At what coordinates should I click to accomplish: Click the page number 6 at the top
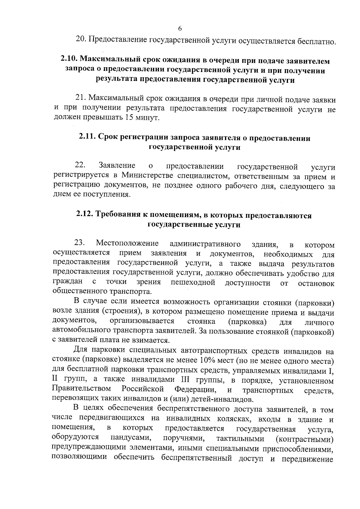click(180, 28)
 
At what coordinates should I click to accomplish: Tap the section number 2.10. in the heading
click(70, 61)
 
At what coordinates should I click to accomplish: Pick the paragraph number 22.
click(80, 165)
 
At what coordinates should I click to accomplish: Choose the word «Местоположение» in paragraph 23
click(127, 243)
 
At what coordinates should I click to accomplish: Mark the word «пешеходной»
click(193, 282)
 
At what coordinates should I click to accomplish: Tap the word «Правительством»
click(82, 389)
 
